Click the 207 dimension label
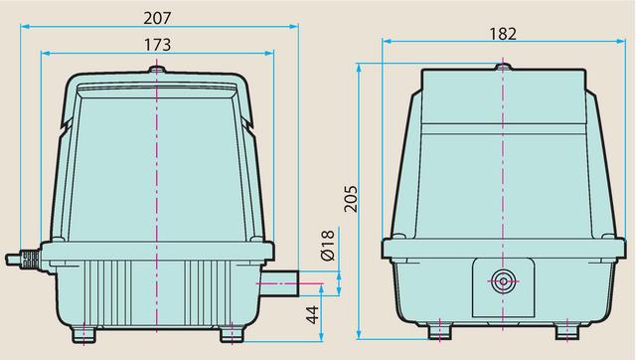tap(158, 18)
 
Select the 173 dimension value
tap(158, 45)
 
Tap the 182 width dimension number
tap(503, 34)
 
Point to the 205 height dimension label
tap(351, 199)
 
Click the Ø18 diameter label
tap(327, 245)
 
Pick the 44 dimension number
tap(313, 314)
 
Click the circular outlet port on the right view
tap(504, 281)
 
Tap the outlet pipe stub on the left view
tap(279, 282)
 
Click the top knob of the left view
tap(157, 70)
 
